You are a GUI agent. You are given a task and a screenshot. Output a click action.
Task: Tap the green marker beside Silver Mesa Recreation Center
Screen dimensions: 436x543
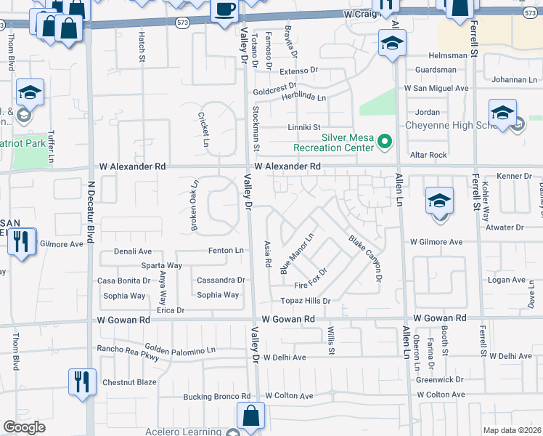click(385, 142)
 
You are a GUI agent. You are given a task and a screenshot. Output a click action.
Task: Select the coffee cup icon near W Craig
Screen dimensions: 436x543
click(224, 10)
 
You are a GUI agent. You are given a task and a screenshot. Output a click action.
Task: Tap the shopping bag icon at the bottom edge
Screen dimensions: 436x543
click(250, 417)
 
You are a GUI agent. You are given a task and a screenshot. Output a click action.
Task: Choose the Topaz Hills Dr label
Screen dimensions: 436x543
click(306, 301)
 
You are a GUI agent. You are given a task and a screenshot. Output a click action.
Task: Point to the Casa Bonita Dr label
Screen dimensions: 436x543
click(124, 280)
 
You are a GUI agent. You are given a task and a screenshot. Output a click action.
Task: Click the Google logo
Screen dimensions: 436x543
click(24, 427)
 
